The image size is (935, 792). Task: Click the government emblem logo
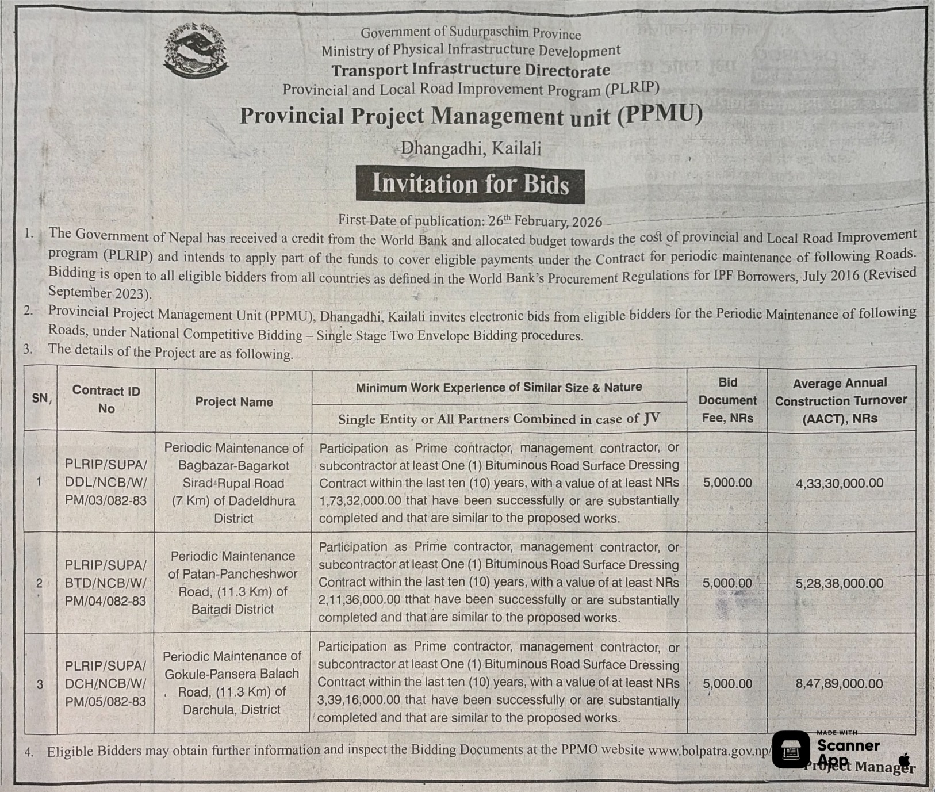pos(196,51)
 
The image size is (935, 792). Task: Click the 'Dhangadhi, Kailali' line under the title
pos(470,149)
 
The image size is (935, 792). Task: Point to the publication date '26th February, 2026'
pos(545,221)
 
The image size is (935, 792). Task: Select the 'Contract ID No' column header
pos(106,399)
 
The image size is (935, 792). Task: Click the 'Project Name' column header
pos(233,402)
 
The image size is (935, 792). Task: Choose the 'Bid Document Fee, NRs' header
pos(727,400)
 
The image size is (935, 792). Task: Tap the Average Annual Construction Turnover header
pos(841,400)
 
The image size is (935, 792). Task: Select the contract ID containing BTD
pos(106,583)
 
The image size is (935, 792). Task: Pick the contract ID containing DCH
pos(106,683)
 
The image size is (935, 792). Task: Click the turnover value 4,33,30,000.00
pos(840,483)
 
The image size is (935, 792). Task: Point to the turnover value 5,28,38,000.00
pos(840,583)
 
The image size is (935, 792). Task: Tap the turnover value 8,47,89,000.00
pos(840,684)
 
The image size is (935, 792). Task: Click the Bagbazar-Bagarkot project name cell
pos(233,483)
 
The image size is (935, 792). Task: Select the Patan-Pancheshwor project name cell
pos(233,583)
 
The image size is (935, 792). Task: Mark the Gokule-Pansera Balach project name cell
pos(232,683)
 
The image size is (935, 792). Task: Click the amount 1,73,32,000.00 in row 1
pos(360,501)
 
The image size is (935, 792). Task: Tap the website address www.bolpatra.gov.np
pos(709,751)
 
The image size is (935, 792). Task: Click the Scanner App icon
pos(791,749)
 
